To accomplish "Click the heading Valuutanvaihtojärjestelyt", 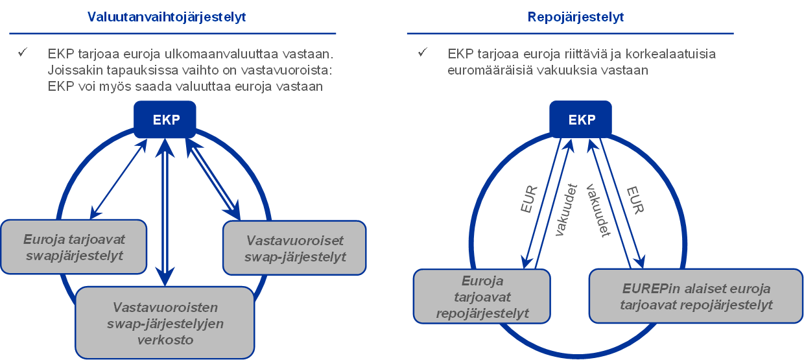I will [x=167, y=18].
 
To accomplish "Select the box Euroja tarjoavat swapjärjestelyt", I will [x=74, y=246].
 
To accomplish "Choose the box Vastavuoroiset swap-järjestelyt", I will [x=295, y=248].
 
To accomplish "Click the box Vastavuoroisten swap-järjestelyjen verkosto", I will [x=165, y=323].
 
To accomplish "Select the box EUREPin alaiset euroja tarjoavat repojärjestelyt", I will [x=696, y=296].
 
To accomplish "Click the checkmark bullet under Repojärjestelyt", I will [x=423, y=53].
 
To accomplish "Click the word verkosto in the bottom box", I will [x=165, y=339].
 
